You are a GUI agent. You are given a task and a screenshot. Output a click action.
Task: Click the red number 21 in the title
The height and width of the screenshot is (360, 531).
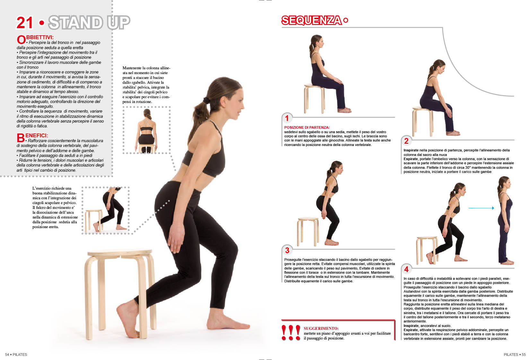pos(25,23)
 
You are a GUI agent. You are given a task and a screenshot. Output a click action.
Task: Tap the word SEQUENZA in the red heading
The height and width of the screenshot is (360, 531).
pos(311,20)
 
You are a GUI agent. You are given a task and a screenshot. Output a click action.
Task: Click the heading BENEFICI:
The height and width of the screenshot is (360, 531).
pos(32,137)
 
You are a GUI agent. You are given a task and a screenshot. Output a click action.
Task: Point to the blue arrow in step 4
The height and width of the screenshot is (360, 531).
pos(481,208)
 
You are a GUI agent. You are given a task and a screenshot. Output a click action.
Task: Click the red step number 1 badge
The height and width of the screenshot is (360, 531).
pos(287,118)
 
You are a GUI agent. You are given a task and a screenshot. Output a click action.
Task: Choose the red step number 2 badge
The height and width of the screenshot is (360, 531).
pos(406,141)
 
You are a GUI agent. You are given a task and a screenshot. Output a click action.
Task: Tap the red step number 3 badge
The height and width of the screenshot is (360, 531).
pos(287,250)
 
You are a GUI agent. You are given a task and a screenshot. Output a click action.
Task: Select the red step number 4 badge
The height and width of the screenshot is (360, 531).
pos(406,269)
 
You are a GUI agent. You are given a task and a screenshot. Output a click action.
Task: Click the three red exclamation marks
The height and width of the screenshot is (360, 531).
pos(291,333)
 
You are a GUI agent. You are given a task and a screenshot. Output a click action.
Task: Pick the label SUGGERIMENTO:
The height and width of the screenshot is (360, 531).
pos(321,328)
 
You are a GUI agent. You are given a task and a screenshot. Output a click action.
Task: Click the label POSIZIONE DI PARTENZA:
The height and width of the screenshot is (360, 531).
pos(307,127)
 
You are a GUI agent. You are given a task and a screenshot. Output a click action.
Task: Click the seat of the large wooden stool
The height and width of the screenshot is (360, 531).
pos(120,253)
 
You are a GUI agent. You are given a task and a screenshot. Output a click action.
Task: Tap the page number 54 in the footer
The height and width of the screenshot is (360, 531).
pos(7,355)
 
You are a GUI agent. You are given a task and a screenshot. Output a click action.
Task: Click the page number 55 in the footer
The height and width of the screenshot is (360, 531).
pos(524,355)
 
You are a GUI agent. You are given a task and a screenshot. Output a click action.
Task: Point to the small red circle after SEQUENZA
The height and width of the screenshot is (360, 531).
pos(346,20)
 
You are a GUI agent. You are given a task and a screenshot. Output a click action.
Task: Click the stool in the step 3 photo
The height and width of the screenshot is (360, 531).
pos(308,231)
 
